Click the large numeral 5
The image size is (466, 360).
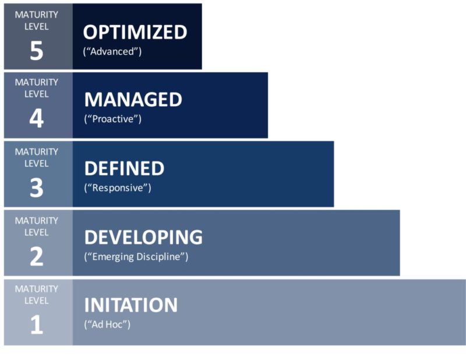tap(36, 51)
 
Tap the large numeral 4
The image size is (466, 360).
tap(36, 119)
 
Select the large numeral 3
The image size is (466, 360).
tap(36, 188)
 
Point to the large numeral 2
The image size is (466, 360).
tap(36, 257)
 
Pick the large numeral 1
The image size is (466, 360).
tap(36, 325)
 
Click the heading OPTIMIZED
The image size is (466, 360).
tap(135, 32)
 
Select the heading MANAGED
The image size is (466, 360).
tap(133, 100)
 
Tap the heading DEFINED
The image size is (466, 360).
tap(124, 168)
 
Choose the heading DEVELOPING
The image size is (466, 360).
tap(143, 237)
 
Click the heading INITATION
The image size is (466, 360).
tap(131, 305)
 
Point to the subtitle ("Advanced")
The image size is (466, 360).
tap(112, 51)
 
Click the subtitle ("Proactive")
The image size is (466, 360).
tap(113, 119)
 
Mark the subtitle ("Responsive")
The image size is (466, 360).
tap(118, 188)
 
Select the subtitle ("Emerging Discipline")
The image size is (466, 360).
tap(136, 257)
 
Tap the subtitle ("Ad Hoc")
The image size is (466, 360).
tap(107, 324)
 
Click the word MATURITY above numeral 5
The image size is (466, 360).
tap(37, 15)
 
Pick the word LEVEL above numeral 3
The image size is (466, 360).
tap(37, 163)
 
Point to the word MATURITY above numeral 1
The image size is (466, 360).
tap(37, 289)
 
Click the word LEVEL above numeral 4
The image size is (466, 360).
tap(37, 94)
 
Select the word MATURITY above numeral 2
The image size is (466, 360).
tap(37, 220)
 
